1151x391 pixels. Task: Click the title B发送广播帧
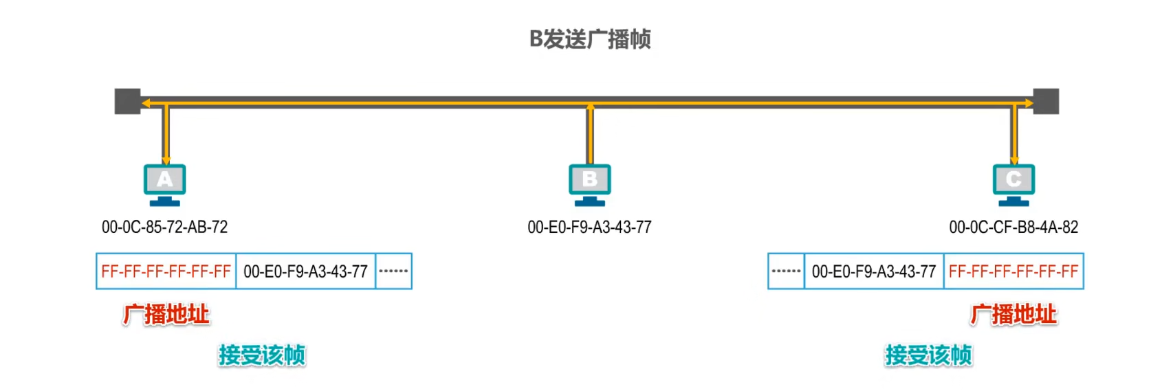click(x=589, y=39)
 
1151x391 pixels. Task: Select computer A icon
click(x=164, y=184)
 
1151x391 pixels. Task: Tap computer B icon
click(x=589, y=184)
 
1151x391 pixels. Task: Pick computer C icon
click(x=1013, y=184)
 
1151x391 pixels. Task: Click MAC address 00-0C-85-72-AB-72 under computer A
click(x=164, y=227)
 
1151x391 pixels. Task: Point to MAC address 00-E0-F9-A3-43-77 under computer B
click(x=589, y=227)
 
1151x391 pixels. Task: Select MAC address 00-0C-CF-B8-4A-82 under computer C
click(x=1013, y=227)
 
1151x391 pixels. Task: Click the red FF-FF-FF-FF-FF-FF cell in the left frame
click(x=166, y=271)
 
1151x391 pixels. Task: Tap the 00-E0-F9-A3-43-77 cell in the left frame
click(x=305, y=271)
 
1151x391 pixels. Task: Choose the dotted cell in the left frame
click(x=393, y=271)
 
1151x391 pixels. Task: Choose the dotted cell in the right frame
click(x=786, y=271)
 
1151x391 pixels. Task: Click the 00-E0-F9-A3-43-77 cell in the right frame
click(x=873, y=271)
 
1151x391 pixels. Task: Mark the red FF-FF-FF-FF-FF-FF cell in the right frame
click(x=1013, y=271)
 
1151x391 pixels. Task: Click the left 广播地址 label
click(x=166, y=314)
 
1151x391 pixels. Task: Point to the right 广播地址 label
click(x=1013, y=314)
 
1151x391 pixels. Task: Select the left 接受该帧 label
click(x=261, y=355)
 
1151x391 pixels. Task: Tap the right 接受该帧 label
click(x=928, y=355)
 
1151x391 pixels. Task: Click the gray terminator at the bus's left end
click(x=127, y=101)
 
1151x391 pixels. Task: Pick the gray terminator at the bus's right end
click(x=1046, y=101)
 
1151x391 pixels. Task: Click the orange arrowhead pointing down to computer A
click(x=166, y=160)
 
